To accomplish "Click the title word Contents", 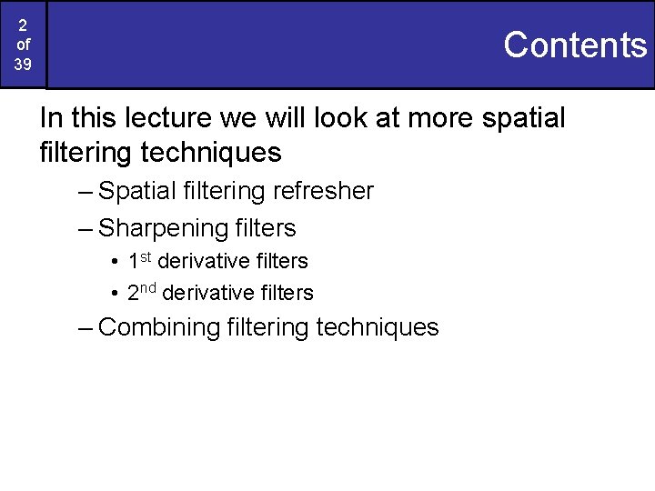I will coord(574,45).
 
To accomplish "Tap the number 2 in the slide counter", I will coord(23,25).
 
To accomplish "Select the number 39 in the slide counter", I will coord(23,65).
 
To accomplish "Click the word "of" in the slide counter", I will coord(23,45).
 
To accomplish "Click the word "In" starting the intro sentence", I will coord(51,118).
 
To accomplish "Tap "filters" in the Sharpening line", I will coord(266,227).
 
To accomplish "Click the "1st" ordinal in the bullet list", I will coord(139,261).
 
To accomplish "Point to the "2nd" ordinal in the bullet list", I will coord(142,293).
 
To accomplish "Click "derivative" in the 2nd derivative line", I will coord(210,293).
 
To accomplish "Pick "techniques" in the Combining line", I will coord(377,327).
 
